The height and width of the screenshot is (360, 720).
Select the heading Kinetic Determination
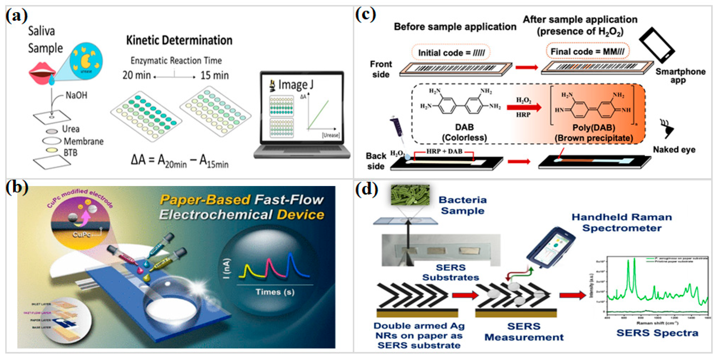[179, 40]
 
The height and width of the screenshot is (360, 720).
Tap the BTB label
[70, 153]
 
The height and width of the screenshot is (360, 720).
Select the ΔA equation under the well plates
[179, 162]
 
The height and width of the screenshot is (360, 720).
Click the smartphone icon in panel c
[657, 45]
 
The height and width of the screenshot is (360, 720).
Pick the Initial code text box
[451, 53]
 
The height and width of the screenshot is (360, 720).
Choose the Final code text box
[587, 51]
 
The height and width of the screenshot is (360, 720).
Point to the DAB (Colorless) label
[464, 132]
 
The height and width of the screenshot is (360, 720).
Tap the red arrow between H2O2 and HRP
[523, 107]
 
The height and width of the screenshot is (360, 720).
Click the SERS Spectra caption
[657, 333]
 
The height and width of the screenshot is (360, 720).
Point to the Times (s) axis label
[275, 292]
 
